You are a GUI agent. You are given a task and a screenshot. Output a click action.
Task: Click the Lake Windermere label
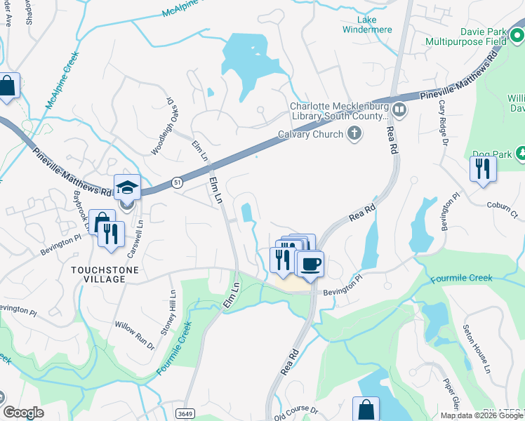366,25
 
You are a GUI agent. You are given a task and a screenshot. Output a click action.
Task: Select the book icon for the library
399,109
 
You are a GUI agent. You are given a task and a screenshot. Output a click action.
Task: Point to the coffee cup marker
310,265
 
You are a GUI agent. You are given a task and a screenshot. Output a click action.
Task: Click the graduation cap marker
127,187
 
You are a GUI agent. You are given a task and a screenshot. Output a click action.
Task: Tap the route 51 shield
178,182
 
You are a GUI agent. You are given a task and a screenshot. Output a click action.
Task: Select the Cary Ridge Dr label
443,123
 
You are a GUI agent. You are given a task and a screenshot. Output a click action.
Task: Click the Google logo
23,413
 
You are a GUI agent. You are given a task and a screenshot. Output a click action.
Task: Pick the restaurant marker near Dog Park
483,169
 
